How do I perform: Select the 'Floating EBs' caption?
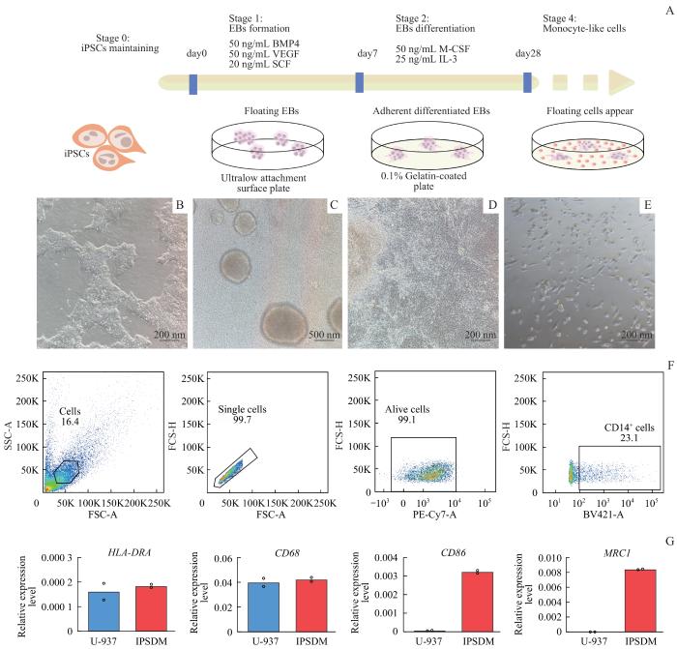point(260,111)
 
